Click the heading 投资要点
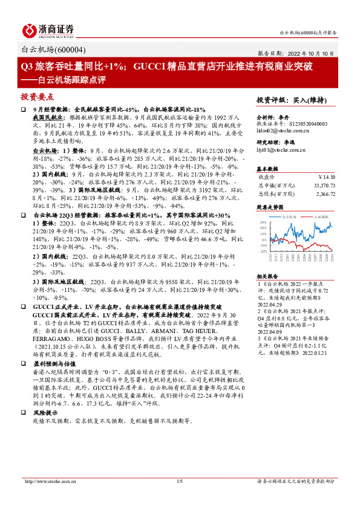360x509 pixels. pyautogui.click(x=38, y=97)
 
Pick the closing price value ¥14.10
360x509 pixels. pyautogui.click(x=327, y=177)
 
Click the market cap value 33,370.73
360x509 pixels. pyautogui.click(x=323, y=186)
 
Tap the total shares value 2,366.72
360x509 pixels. pyautogui.click(x=326, y=194)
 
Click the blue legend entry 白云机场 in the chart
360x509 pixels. pyautogui.click(x=289, y=216)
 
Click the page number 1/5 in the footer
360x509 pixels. pyautogui.click(x=179, y=498)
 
